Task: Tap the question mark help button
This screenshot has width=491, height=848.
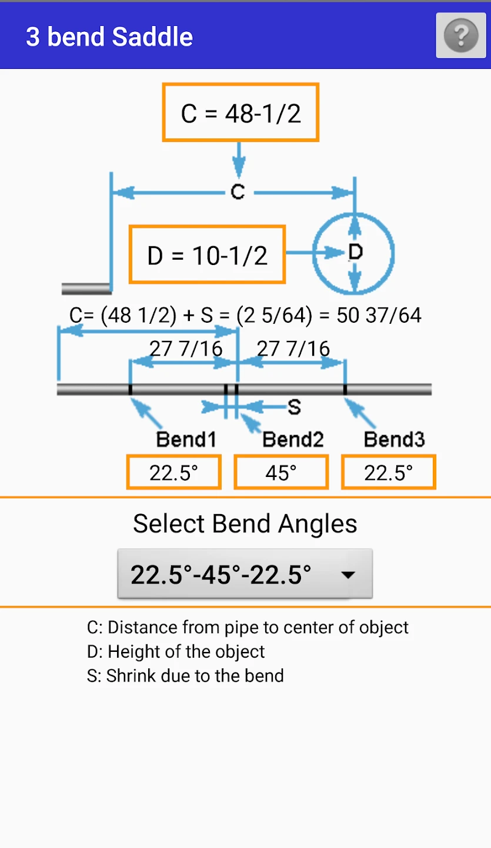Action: point(461,35)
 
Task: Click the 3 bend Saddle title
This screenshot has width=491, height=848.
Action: point(109,37)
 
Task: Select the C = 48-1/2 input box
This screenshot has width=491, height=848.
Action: point(241,112)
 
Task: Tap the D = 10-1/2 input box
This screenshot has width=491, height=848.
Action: point(207,254)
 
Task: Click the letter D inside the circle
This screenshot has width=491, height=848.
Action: point(355,252)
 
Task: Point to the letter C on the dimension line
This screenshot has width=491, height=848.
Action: point(238,192)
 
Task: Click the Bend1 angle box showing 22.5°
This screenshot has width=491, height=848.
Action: point(174,472)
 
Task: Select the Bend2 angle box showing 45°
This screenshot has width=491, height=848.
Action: point(281,472)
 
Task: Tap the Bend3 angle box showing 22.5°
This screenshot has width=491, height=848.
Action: point(389,472)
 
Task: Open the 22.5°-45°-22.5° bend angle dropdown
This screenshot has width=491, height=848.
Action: point(245,574)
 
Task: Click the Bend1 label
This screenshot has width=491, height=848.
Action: point(186,439)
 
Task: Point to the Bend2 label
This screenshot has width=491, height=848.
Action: point(293,439)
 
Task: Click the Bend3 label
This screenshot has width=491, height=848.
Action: point(394,439)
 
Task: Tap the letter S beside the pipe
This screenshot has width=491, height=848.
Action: point(294,408)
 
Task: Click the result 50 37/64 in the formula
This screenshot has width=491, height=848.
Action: point(379,315)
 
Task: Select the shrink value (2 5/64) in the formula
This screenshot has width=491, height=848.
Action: point(275,315)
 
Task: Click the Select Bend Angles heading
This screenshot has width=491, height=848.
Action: point(245,524)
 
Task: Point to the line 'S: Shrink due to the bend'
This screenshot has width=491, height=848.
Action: point(185,676)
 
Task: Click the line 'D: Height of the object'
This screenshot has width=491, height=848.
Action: point(176,651)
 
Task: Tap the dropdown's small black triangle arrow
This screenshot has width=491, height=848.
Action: point(348,575)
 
